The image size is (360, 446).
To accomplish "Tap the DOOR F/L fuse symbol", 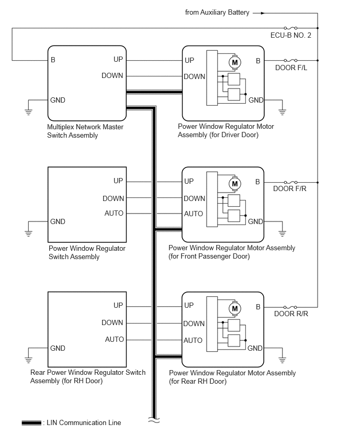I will tap(290, 60).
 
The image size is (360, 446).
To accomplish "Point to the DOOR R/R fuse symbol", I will tap(290, 307).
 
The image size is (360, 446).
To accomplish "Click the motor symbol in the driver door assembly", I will tap(233, 62).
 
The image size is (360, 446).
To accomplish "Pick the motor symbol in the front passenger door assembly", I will tap(234, 184).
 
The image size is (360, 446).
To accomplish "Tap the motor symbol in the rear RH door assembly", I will tap(234, 308).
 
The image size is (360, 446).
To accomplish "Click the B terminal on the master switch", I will tap(53, 60).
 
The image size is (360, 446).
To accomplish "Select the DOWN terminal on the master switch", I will tap(113, 76).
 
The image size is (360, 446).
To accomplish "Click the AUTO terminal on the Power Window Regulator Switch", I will tap(114, 214).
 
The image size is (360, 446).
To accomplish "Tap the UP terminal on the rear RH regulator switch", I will tap(118, 305).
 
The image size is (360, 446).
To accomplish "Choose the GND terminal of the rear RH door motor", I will tap(255, 348).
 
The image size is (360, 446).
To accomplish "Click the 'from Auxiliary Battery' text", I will tap(217, 13).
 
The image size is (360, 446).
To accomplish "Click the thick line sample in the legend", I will tap(31, 423).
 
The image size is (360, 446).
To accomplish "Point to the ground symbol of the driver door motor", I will tap(282, 111).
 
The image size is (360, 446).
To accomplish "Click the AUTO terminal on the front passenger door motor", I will tap(193, 214).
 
